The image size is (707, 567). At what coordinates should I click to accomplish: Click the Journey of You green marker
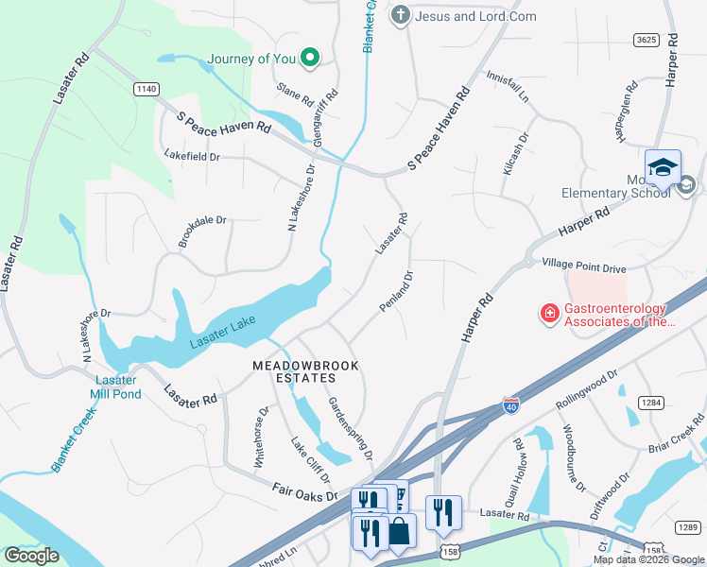pos(309,59)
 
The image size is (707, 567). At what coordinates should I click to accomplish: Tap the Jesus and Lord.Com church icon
pos(401,15)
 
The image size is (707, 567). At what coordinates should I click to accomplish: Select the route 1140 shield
pos(146,89)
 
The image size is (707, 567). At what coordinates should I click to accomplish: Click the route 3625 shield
pos(647,39)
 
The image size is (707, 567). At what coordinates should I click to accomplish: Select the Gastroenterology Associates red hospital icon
pos(548,313)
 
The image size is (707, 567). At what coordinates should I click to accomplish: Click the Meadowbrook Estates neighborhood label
pos(306,371)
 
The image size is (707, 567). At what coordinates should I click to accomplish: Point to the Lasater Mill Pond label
pos(115,387)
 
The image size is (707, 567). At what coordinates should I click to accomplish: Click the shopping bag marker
pos(399,531)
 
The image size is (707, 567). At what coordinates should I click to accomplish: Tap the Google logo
pos(32,556)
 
